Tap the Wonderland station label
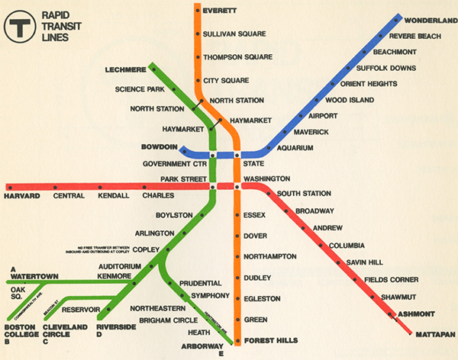[x=430, y=19]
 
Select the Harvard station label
[x=21, y=196]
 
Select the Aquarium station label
[x=295, y=148]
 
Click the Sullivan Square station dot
[x=196, y=35]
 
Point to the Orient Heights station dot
[x=333, y=84]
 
